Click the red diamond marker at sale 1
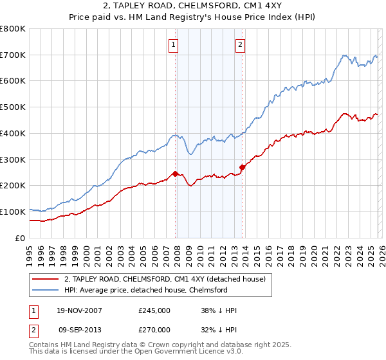click(175, 174)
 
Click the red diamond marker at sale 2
click(242, 167)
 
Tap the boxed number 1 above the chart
click(174, 45)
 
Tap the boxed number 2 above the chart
click(240, 45)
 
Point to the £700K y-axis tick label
click(13, 55)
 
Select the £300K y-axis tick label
click(13, 159)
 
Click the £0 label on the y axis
click(21, 238)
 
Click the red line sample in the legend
click(45, 279)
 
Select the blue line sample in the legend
click(45, 290)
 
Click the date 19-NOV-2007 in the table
click(77, 310)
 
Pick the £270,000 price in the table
click(154, 330)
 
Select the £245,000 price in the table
click(154, 310)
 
